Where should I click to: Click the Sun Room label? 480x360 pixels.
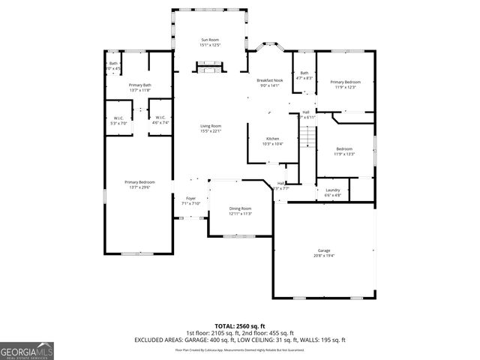210,39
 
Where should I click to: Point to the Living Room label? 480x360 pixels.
210,125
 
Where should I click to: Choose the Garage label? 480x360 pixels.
324,250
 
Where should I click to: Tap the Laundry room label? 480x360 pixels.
332,190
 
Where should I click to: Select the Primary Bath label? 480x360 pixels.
139,85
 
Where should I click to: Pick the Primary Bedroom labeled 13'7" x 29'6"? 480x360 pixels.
139,182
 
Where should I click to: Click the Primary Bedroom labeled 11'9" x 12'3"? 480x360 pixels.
345,82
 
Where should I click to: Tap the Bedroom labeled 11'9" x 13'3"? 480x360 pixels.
344,148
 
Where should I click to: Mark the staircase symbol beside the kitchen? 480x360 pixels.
307,136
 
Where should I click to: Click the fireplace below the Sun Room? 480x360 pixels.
210,69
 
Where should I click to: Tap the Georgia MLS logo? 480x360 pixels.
27,350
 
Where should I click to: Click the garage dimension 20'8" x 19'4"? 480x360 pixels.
324,256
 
